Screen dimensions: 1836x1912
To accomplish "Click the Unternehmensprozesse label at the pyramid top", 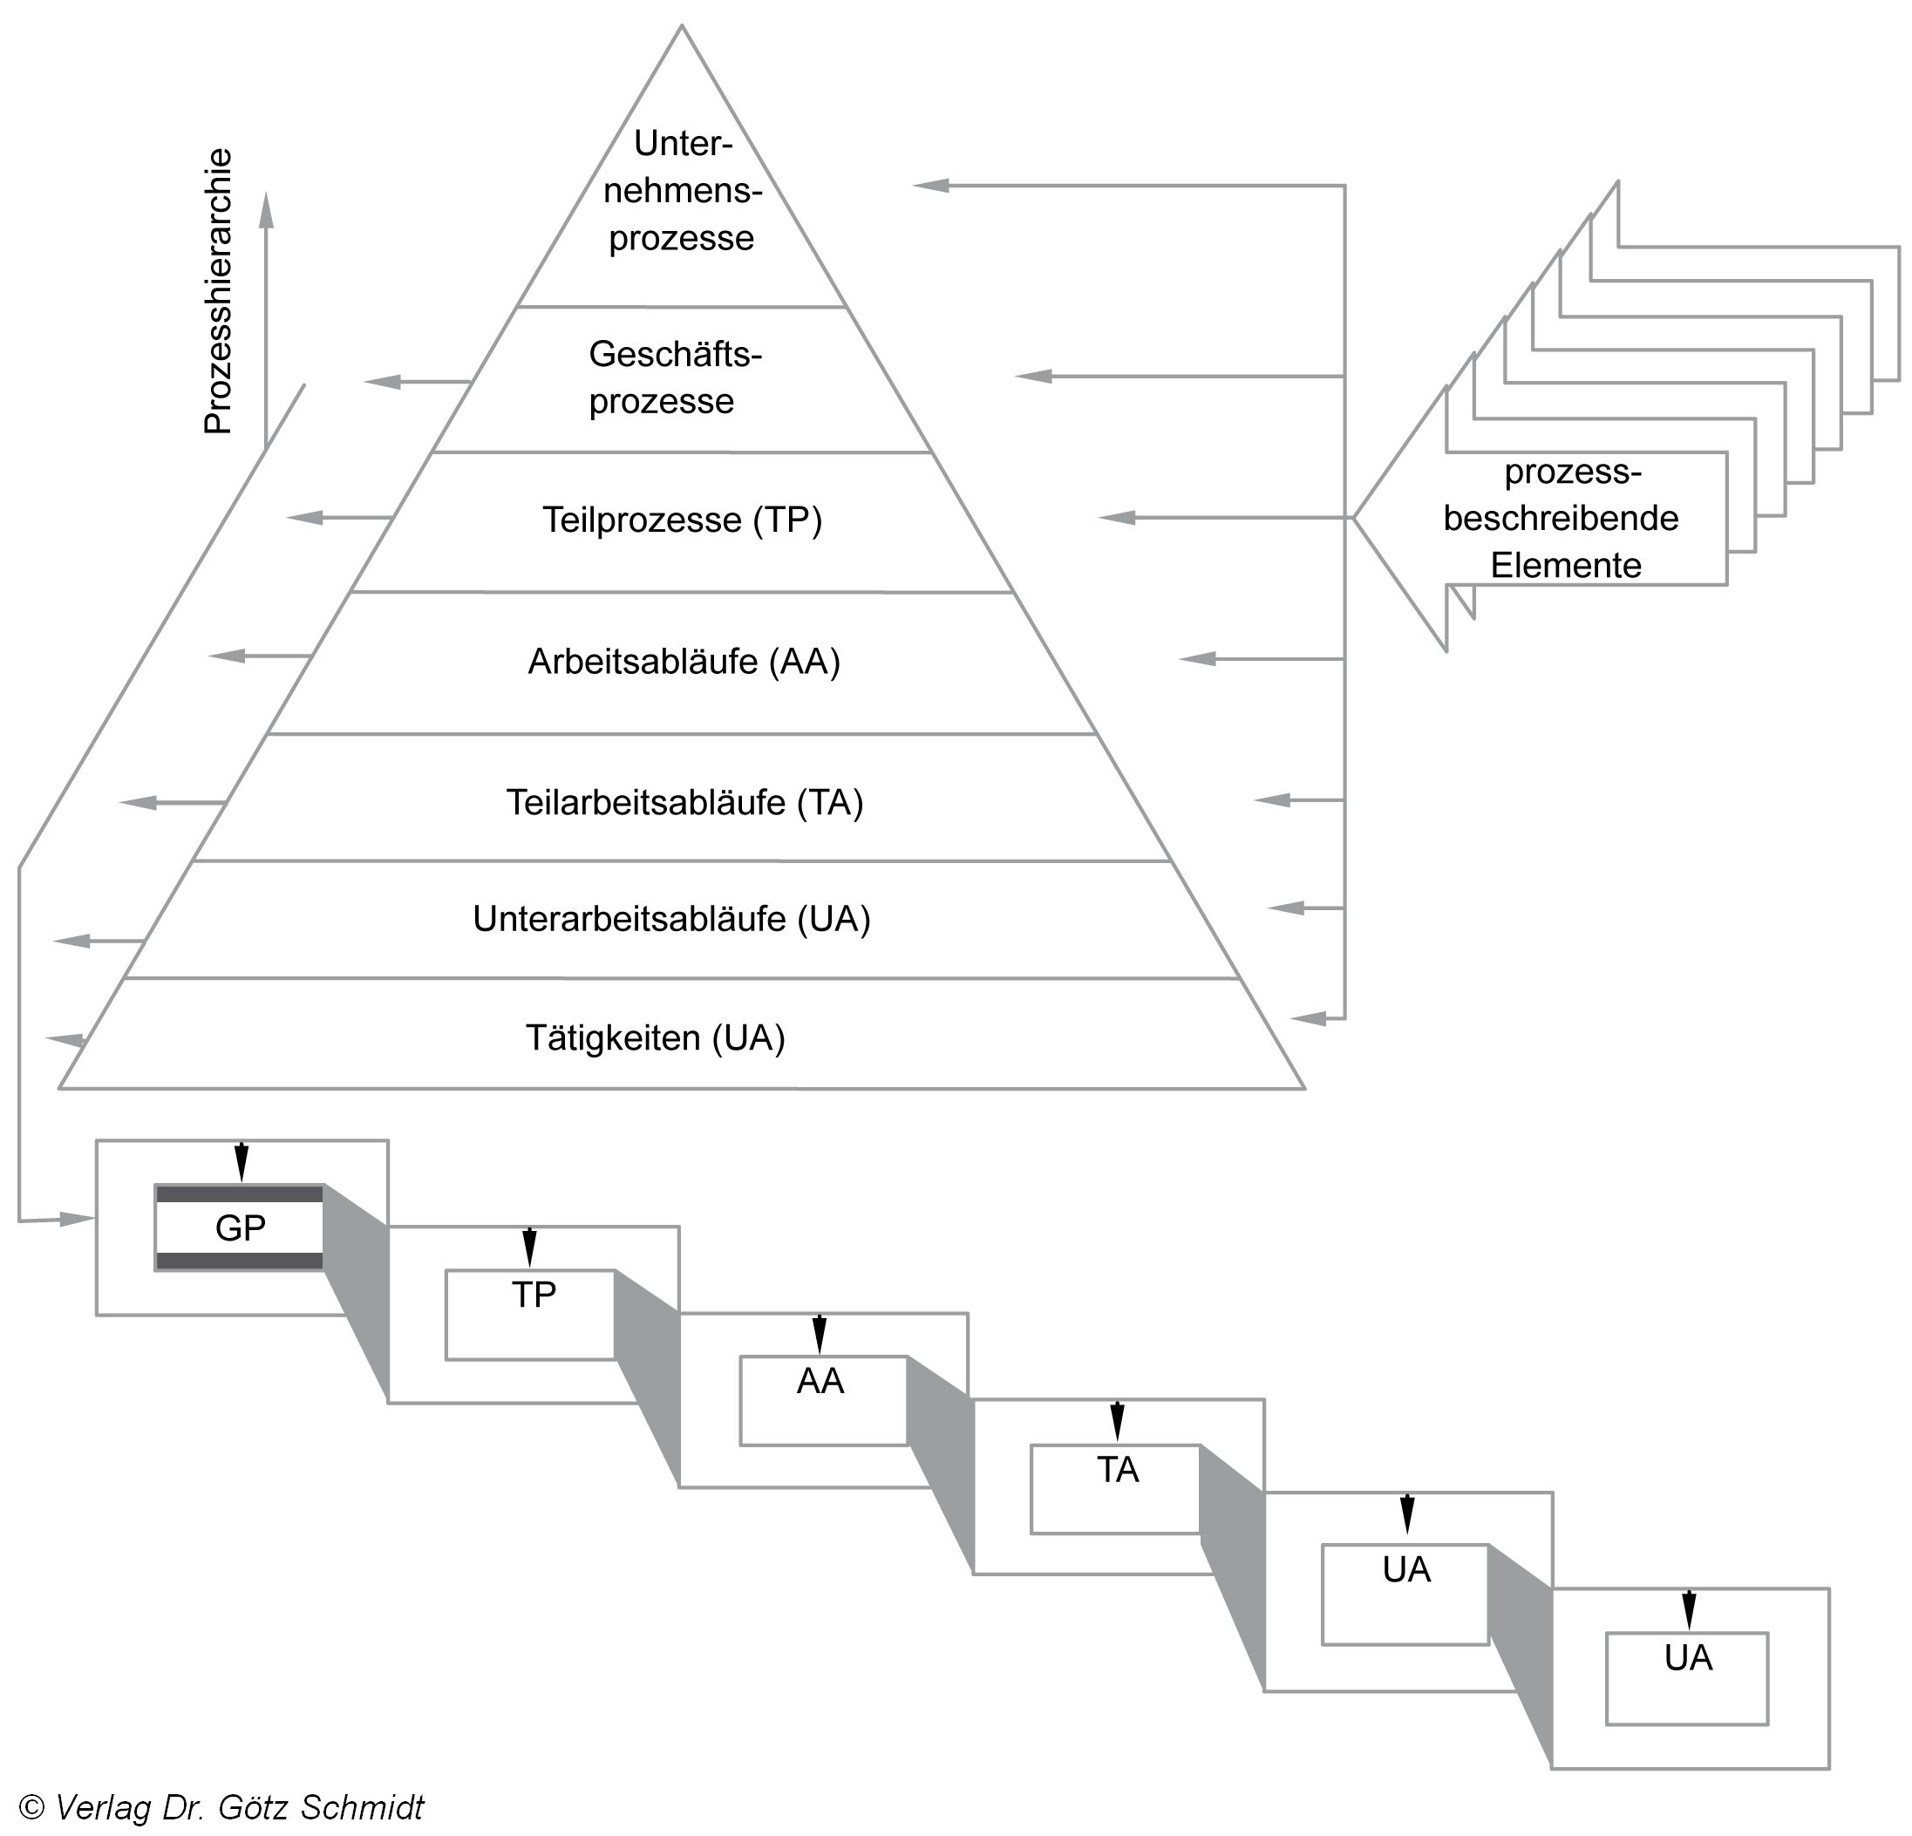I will (x=682, y=191).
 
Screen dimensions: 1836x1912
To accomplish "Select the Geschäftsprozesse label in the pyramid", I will (x=674, y=377).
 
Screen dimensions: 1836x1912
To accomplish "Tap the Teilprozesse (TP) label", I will (x=682, y=520).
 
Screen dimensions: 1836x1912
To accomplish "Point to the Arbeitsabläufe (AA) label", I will (x=683, y=662).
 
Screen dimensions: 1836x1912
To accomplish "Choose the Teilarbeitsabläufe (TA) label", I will (x=684, y=803).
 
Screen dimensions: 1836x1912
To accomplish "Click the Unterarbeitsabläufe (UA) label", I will (x=671, y=919).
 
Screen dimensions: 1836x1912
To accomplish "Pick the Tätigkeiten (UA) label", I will (x=655, y=1038).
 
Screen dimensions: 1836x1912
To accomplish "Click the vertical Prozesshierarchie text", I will (x=218, y=290).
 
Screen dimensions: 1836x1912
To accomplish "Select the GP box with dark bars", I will (x=239, y=1227).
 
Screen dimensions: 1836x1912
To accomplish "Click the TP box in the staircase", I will (x=531, y=1313).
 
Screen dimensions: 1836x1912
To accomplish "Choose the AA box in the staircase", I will (x=822, y=1400).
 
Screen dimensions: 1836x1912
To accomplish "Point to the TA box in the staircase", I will (x=1115, y=1488).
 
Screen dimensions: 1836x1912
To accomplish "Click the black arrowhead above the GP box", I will (x=241, y=1166).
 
